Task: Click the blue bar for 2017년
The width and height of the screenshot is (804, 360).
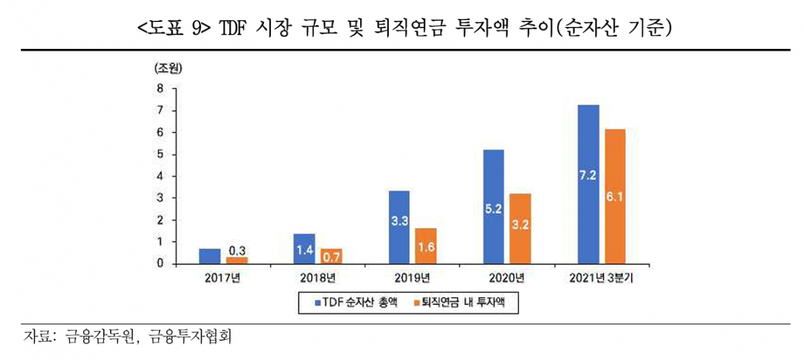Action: [210, 256]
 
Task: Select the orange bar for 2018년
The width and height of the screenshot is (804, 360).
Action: [331, 256]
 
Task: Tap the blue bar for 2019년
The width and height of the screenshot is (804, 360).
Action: [400, 228]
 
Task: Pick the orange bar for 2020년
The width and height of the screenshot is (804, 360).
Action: [520, 229]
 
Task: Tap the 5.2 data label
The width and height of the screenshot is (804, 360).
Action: [494, 210]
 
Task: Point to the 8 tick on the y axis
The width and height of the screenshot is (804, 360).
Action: [160, 88]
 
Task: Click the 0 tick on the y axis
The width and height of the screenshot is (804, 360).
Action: [160, 263]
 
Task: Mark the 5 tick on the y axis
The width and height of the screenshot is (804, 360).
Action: [160, 154]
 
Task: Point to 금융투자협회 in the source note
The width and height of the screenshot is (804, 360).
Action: [190, 337]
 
